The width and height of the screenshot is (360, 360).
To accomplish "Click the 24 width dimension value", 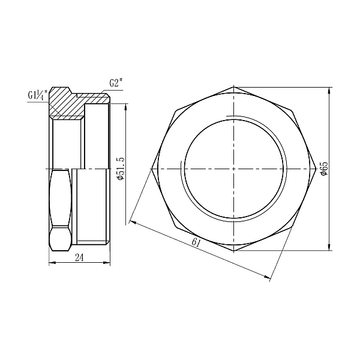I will pyautogui.click(x=79, y=257).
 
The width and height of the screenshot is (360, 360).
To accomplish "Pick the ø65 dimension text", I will pyautogui.click(x=325, y=169).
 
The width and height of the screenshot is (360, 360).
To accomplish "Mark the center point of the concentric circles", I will pyautogui.click(x=233, y=169).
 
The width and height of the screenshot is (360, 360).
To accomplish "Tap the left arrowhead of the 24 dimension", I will pyautogui.click(x=50, y=263).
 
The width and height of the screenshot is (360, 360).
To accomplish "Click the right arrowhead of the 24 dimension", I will pyautogui.click(x=108, y=263).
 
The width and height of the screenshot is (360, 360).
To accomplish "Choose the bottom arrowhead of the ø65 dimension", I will pyautogui.click(x=329, y=249).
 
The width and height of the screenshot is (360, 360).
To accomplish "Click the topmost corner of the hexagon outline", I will pyautogui.click(x=233, y=87).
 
